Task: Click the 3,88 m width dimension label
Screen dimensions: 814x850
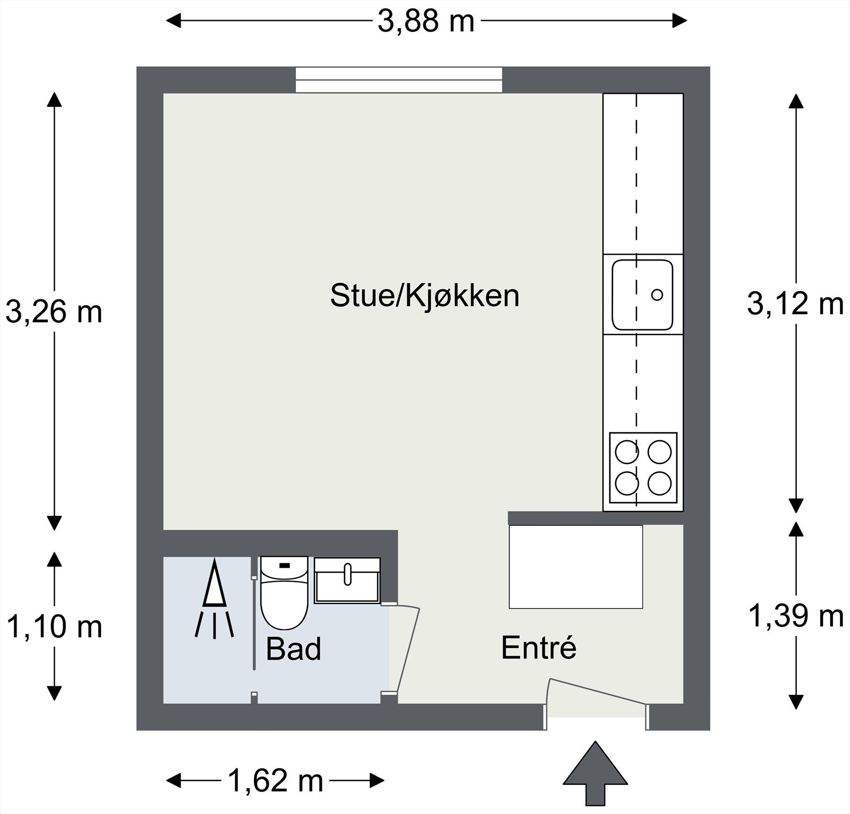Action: (426, 22)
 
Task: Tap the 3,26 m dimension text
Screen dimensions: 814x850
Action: (54, 312)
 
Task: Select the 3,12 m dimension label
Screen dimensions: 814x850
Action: (795, 304)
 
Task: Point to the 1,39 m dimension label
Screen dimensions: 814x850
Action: (795, 616)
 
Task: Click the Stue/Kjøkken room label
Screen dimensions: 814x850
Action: (424, 296)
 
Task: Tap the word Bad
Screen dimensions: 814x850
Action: (293, 649)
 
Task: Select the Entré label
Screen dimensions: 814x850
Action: (539, 648)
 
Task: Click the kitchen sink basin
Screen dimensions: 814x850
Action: (642, 295)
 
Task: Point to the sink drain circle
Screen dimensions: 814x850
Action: (657, 295)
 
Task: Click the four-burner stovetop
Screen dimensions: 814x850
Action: (643, 467)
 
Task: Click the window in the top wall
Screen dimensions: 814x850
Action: (398, 80)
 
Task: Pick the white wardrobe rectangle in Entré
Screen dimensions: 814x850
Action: (576, 567)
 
